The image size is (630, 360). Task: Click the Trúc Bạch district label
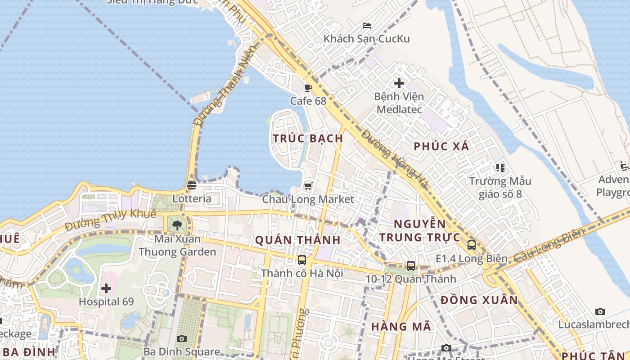308,138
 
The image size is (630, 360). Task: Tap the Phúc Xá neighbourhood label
441,146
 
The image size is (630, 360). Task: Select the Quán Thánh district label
298,240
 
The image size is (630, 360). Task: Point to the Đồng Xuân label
479,300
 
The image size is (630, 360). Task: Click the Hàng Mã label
401,327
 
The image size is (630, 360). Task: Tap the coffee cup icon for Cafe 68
308,88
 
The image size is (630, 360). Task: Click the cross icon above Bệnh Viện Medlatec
399,83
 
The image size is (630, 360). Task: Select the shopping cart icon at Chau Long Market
308,186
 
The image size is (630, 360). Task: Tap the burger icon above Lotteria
192,185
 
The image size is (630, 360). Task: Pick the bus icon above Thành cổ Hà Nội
301,260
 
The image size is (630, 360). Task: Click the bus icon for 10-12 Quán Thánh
410,266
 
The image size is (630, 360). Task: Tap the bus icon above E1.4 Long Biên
471,245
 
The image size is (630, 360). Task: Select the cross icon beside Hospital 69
106,288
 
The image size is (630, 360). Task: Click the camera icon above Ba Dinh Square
181,338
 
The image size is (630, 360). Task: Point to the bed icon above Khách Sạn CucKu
367,26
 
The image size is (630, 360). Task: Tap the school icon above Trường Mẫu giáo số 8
500,168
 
